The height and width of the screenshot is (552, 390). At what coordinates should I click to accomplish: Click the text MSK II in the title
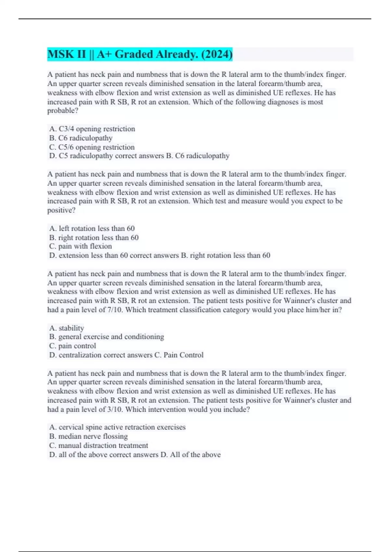tap(66, 54)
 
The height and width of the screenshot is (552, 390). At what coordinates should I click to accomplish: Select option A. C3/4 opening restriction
tap(92, 129)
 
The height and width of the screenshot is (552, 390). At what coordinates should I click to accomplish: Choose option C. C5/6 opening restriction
tap(92, 147)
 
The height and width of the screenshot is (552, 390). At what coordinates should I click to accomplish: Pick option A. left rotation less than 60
tap(92, 229)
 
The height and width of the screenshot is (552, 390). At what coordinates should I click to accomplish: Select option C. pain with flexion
tap(80, 246)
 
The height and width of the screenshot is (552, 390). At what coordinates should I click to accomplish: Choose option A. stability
tap(67, 328)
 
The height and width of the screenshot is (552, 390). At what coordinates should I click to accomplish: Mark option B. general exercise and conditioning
tap(107, 337)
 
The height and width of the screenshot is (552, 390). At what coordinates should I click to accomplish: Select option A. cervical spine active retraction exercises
tap(117, 427)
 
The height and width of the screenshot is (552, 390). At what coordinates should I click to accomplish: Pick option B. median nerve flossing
tap(88, 436)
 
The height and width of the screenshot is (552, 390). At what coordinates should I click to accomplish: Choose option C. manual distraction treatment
tap(98, 445)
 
